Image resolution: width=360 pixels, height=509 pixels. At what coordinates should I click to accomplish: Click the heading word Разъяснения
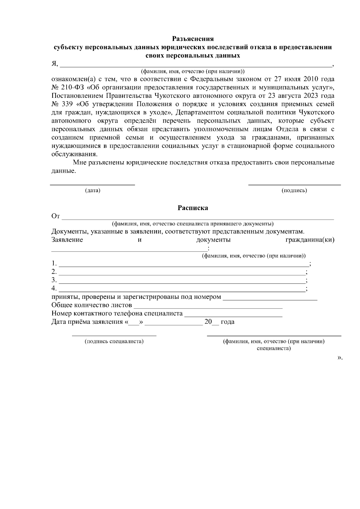193,39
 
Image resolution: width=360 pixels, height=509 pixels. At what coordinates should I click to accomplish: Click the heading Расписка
193,208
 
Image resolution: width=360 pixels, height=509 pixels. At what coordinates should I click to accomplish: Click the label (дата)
92,191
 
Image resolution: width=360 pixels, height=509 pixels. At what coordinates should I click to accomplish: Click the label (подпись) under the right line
294,191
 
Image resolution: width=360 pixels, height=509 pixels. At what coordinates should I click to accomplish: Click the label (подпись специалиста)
114,341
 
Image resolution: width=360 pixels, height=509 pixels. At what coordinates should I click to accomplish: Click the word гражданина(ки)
310,240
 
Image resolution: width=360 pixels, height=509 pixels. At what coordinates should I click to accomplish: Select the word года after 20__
228,322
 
